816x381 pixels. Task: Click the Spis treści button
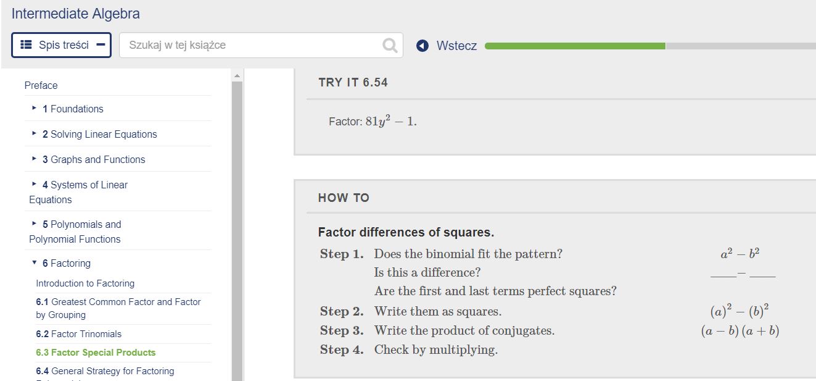(61, 45)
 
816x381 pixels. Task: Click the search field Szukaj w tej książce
(253, 45)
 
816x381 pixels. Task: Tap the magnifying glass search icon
(390, 45)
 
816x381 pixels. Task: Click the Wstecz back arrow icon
(422, 46)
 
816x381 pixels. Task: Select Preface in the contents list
(41, 85)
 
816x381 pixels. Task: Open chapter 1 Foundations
(76, 109)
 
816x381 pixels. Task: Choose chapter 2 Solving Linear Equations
(103, 134)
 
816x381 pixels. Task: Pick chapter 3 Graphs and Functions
(97, 159)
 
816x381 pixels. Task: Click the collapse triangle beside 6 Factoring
(34, 263)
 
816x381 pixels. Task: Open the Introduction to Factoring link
(85, 283)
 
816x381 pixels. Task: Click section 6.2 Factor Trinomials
(79, 334)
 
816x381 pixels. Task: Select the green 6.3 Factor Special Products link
(96, 353)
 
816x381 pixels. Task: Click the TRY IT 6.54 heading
(353, 83)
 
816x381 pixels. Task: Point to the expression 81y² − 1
(391, 121)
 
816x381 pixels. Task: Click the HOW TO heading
(344, 198)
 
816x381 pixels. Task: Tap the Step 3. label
(342, 331)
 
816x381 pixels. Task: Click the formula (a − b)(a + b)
(740, 331)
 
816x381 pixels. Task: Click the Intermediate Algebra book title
(76, 14)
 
